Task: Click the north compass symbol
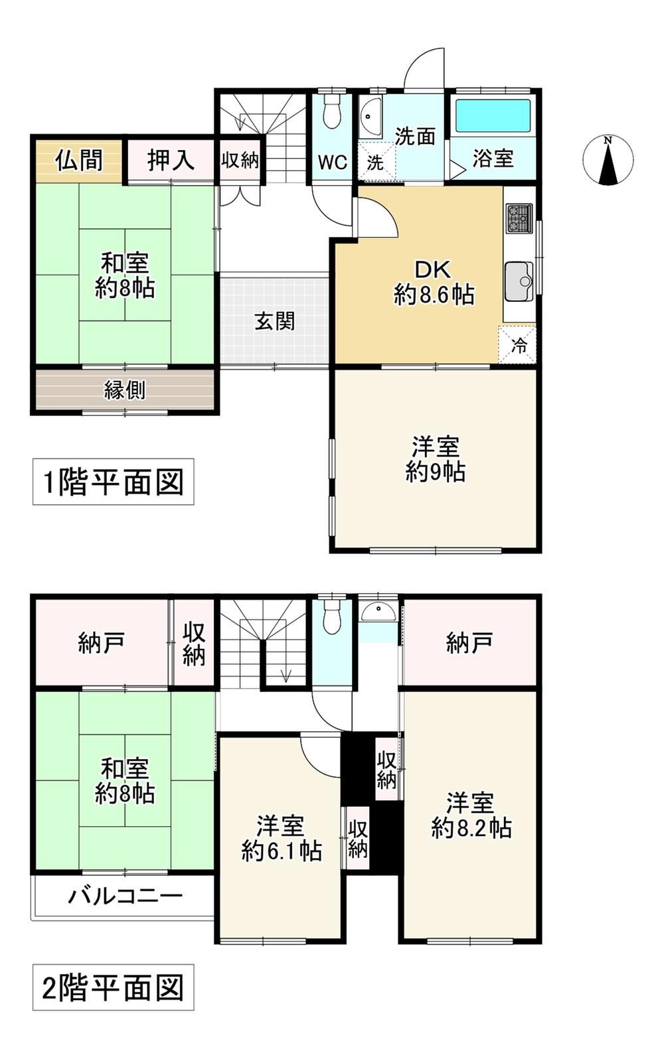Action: click(608, 161)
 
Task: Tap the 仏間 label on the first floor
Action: click(79, 161)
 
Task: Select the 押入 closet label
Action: click(171, 161)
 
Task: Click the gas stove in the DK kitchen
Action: click(520, 218)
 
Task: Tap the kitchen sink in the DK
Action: click(519, 282)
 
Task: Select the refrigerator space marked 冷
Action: click(517, 345)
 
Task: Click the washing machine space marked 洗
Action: click(376, 161)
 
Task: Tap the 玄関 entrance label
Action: click(274, 321)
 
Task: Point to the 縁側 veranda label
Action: click(125, 390)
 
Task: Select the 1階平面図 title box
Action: click(113, 481)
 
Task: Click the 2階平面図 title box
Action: click(113, 987)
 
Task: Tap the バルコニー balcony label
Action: click(125, 896)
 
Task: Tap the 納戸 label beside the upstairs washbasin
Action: click(469, 642)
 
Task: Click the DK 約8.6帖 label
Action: click(434, 283)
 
